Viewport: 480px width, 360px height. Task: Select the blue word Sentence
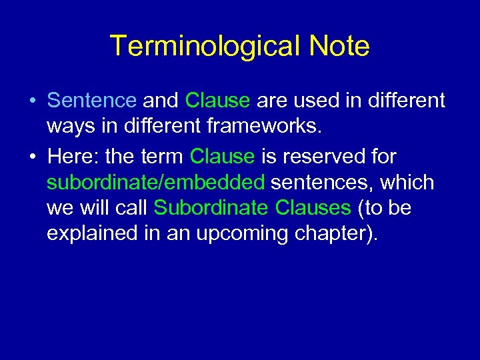pos(92,101)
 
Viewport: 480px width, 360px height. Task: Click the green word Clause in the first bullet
pos(217,101)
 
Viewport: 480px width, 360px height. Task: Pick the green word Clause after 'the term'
pos(222,157)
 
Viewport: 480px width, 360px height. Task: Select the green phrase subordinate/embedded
pos(156,182)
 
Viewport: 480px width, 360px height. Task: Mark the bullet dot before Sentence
pos(33,101)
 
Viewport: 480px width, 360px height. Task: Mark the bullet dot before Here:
pos(33,157)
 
